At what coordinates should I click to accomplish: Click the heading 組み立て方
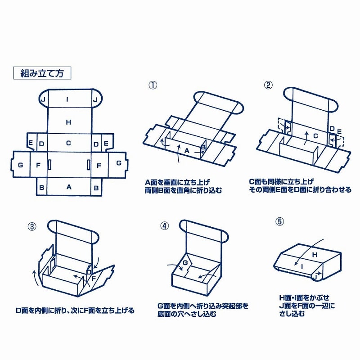42,73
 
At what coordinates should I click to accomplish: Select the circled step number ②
268,85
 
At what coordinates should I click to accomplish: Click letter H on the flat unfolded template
68,122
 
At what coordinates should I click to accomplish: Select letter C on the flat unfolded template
68,144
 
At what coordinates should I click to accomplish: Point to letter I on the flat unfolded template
68,99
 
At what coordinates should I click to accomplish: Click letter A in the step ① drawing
187,151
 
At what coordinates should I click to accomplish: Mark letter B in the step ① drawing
203,147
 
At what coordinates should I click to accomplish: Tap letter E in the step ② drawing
339,131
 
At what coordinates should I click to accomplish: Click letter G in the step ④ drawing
184,262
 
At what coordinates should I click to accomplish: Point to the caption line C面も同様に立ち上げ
281,182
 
